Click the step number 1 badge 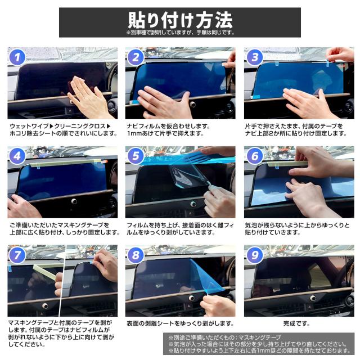click(x=17, y=57)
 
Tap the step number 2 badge click(x=136, y=57)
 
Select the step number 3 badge click(x=255, y=57)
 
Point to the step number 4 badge click(x=17, y=156)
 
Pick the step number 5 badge click(x=136, y=156)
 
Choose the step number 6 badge click(x=255, y=156)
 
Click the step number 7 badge click(x=17, y=255)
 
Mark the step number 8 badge click(x=136, y=255)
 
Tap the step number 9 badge click(x=255, y=255)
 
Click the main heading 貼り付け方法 click(x=180, y=20)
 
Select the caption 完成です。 click(x=296, y=323)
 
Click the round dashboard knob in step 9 click(x=313, y=298)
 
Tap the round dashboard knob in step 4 click(x=74, y=201)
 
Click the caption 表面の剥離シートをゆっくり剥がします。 click(x=180, y=323)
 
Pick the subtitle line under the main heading click(x=180, y=33)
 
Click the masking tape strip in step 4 click(x=66, y=163)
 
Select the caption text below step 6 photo click(x=297, y=229)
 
